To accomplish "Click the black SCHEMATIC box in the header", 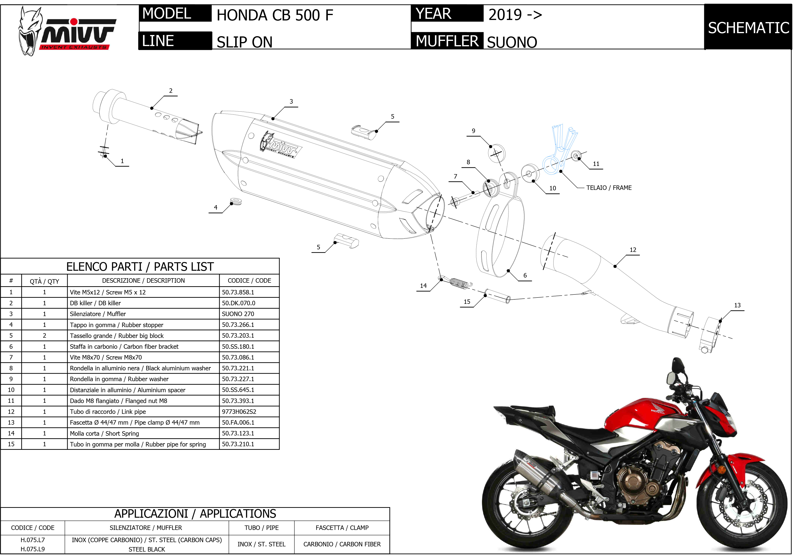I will pyautogui.click(x=748, y=27).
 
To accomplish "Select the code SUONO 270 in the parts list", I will pyautogui.click(x=238, y=314).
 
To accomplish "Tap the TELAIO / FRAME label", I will pyautogui.click(x=609, y=188).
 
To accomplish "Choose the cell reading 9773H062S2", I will pyautogui.click(x=239, y=412).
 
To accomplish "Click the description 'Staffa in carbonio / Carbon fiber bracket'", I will pyautogui.click(x=124, y=347).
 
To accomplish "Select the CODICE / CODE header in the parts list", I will pyautogui.click(x=249, y=281).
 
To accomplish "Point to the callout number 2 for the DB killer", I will pyautogui.click(x=171, y=90).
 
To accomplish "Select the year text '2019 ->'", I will pyautogui.click(x=515, y=15).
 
